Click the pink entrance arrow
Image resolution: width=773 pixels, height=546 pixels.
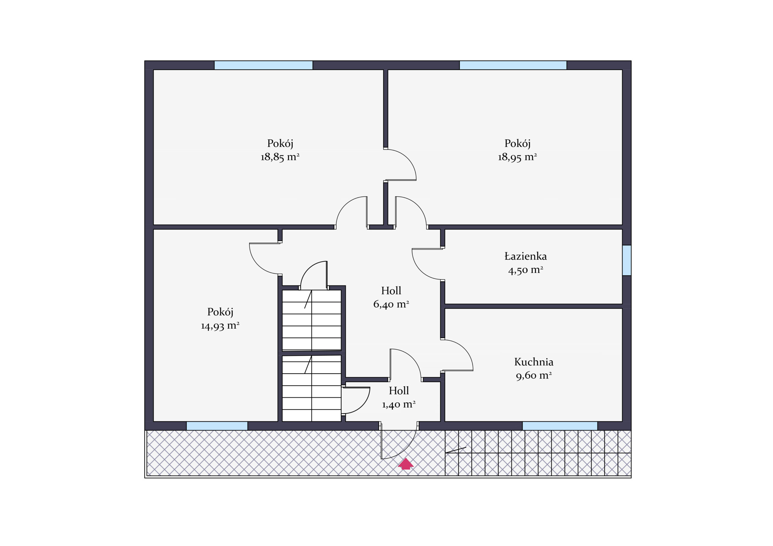tap(406, 464)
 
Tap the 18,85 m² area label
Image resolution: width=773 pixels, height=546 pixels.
tap(280, 157)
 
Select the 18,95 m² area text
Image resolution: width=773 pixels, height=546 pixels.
tap(518, 157)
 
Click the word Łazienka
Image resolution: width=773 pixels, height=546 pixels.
tap(525, 256)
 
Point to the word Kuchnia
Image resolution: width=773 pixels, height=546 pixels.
tap(534, 362)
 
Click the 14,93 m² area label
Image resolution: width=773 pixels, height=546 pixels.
tap(220, 326)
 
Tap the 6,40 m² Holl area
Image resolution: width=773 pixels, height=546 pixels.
tap(391, 304)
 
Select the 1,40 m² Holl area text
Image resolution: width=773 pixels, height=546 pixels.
tap(399, 404)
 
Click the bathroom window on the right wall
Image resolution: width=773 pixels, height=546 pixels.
tap(627, 260)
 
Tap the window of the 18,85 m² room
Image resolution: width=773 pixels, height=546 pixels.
tap(264, 65)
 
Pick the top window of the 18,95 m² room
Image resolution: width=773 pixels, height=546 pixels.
tap(513, 65)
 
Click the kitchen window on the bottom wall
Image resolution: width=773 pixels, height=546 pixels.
tap(560, 426)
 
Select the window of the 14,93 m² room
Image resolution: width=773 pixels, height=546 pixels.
tap(217, 426)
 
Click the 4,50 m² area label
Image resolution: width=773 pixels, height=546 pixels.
tap(525, 270)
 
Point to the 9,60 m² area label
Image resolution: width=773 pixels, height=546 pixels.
tap(534, 375)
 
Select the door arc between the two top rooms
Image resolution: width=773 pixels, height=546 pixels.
tap(407, 158)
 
